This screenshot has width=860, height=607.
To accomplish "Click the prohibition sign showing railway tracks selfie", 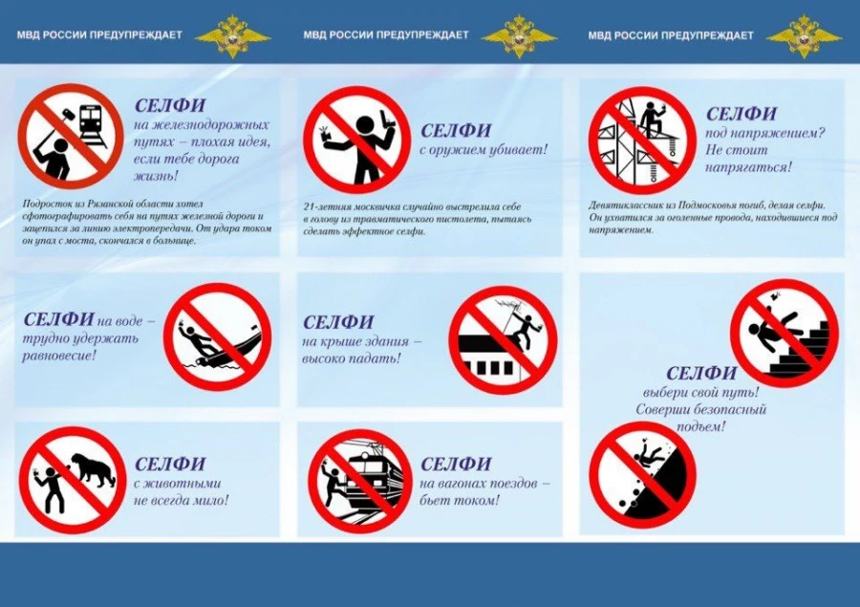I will (x=71, y=136).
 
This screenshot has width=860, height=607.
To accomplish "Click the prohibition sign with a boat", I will (x=217, y=336).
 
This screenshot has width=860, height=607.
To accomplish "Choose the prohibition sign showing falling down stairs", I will (x=784, y=333).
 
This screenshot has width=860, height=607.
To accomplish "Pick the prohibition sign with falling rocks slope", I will (x=641, y=475).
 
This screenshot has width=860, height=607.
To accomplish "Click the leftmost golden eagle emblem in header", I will (x=232, y=35).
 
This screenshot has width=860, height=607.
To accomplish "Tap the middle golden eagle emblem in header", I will (x=518, y=35).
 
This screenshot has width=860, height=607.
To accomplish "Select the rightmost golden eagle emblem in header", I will (x=804, y=35).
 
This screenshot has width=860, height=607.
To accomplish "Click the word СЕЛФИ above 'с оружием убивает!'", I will (x=456, y=130).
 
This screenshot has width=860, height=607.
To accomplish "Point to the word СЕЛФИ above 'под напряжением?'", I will (x=741, y=114).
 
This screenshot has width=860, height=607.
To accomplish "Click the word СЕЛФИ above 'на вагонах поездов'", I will (x=456, y=465).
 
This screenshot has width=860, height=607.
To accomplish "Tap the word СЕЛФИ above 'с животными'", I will (x=170, y=465).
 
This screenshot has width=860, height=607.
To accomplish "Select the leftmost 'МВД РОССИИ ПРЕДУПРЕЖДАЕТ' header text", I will (x=99, y=35).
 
